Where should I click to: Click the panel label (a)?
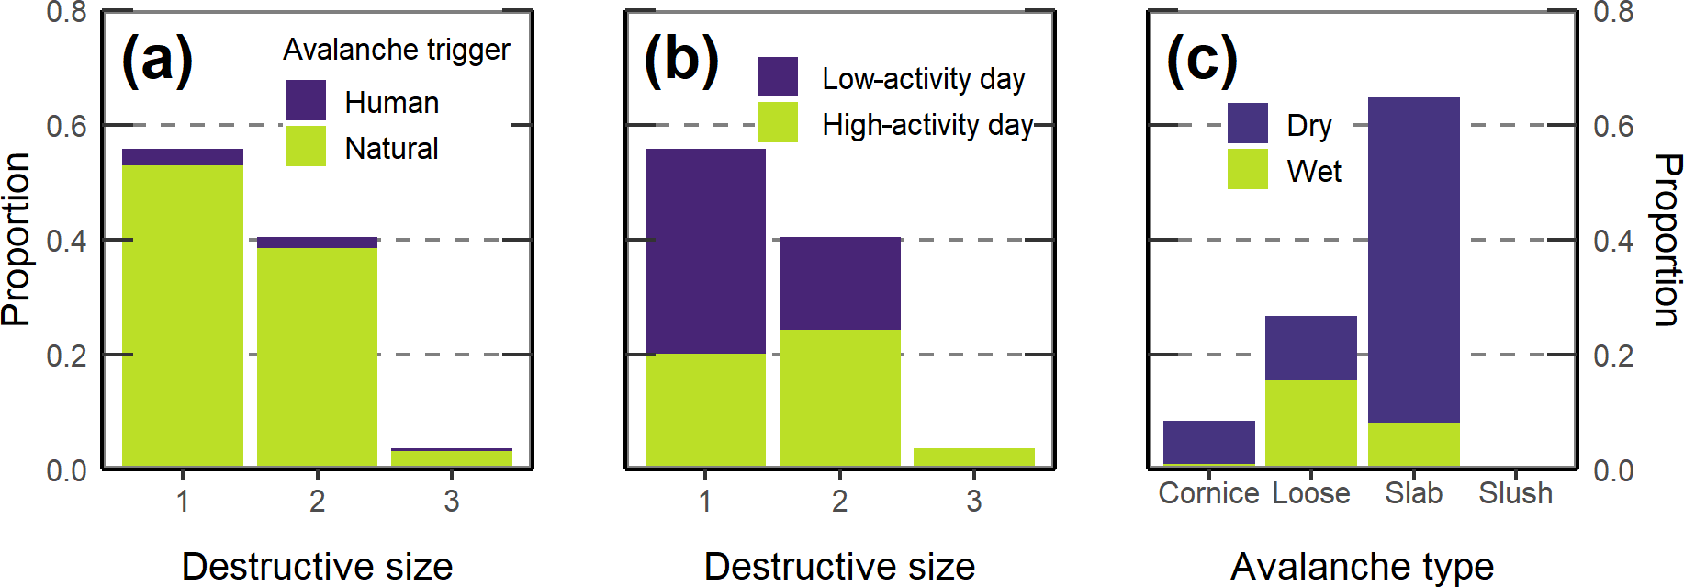(x=157, y=60)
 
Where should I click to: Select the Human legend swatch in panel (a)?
(x=306, y=99)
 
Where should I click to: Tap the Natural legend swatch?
(x=306, y=146)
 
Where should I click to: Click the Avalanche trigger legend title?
(x=396, y=50)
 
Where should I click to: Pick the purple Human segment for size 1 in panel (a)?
(x=183, y=157)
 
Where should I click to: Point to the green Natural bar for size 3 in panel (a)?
(x=451, y=458)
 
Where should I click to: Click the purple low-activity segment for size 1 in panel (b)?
(x=705, y=251)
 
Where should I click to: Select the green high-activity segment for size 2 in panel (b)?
(x=839, y=398)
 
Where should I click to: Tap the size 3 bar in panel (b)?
(x=973, y=457)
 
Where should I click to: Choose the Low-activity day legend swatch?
(x=777, y=76)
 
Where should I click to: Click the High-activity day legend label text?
(x=927, y=125)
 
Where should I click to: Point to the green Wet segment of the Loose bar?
(x=1310, y=423)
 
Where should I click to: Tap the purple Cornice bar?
(x=1208, y=442)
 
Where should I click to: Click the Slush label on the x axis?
(x=1515, y=493)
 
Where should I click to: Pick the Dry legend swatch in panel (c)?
(x=1247, y=123)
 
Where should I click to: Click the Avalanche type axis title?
(x=1362, y=566)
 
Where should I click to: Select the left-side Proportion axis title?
(x=17, y=239)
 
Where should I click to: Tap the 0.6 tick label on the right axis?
(x=1613, y=126)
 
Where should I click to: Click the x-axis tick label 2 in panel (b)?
(x=839, y=502)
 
